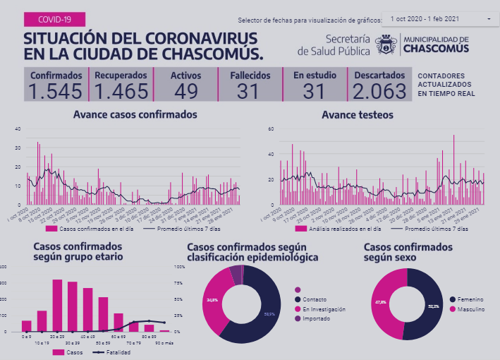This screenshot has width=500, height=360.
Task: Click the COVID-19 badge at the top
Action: pos(54,20)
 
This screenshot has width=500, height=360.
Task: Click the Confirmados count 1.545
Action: pos(56,91)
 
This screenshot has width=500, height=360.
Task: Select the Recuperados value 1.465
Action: pos(121,91)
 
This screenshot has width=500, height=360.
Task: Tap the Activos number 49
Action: pos(186,91)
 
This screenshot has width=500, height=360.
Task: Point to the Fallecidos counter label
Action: pos(248,76)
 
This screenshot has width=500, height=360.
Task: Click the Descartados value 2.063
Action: pos(379,91)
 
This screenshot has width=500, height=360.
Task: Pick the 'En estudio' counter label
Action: pos(315,76)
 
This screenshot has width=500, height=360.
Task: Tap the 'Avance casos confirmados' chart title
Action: pos(135,114)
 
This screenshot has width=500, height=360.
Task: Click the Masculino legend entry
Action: pos(469,308)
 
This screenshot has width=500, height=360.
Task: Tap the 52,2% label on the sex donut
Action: pos(433,306)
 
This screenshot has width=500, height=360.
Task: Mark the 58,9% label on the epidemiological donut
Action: pos(269,313)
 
